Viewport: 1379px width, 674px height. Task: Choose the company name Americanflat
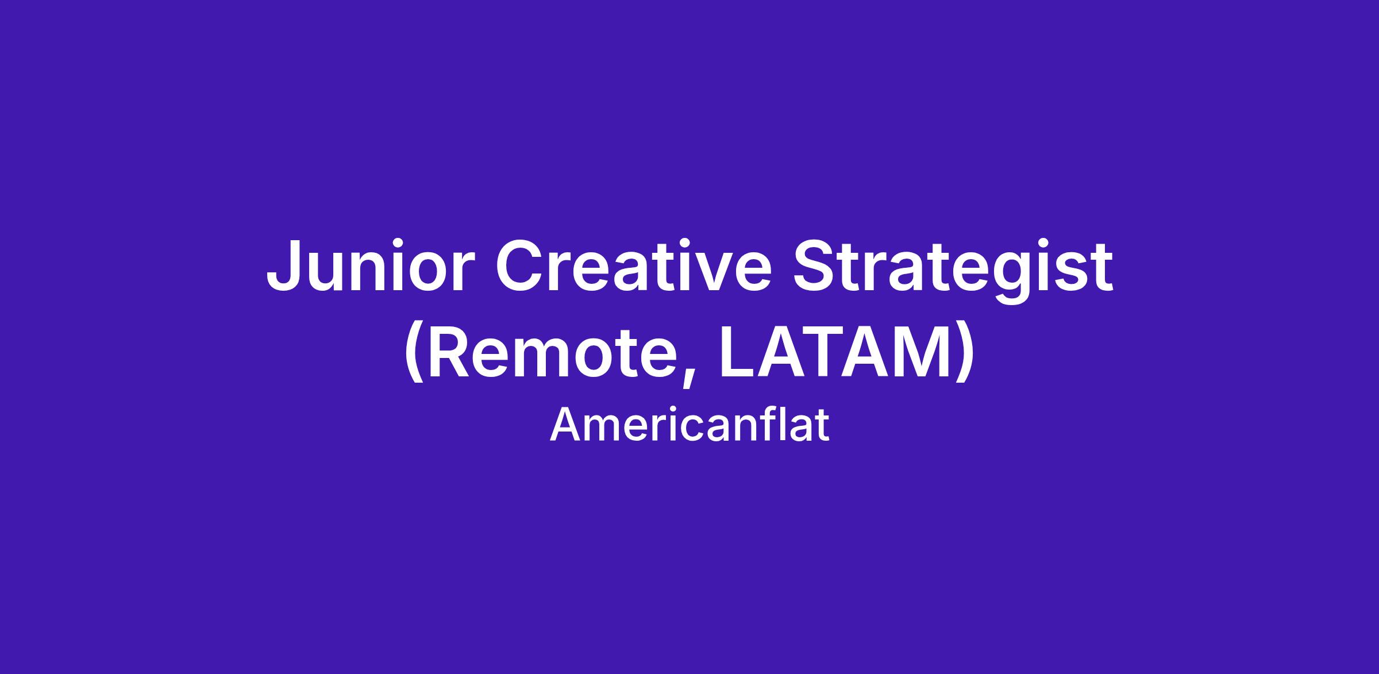[x=689, y=425]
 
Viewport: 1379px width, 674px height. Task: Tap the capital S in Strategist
[x=816, y=266]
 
